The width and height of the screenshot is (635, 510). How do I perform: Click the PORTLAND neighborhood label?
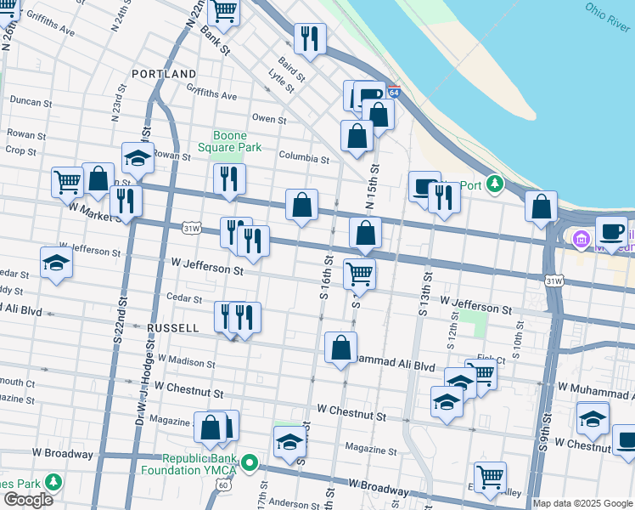[165, 74]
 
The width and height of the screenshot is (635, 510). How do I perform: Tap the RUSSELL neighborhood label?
[172, 327]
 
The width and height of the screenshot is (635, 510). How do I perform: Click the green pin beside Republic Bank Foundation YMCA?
[249, 463]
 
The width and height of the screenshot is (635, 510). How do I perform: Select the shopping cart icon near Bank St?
[224, 11]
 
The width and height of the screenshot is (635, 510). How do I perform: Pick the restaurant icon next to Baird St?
[310, 38]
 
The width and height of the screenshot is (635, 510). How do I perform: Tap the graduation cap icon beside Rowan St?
[138, 158]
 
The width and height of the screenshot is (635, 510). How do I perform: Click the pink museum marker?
[582, 240]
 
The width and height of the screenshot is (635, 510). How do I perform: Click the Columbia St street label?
[304, 158]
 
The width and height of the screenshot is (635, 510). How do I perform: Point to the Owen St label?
[269, 119]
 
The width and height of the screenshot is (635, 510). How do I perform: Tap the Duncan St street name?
[31, 102]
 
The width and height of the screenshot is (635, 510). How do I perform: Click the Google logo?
[28, 500]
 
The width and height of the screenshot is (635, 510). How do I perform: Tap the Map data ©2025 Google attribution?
[582, 503]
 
